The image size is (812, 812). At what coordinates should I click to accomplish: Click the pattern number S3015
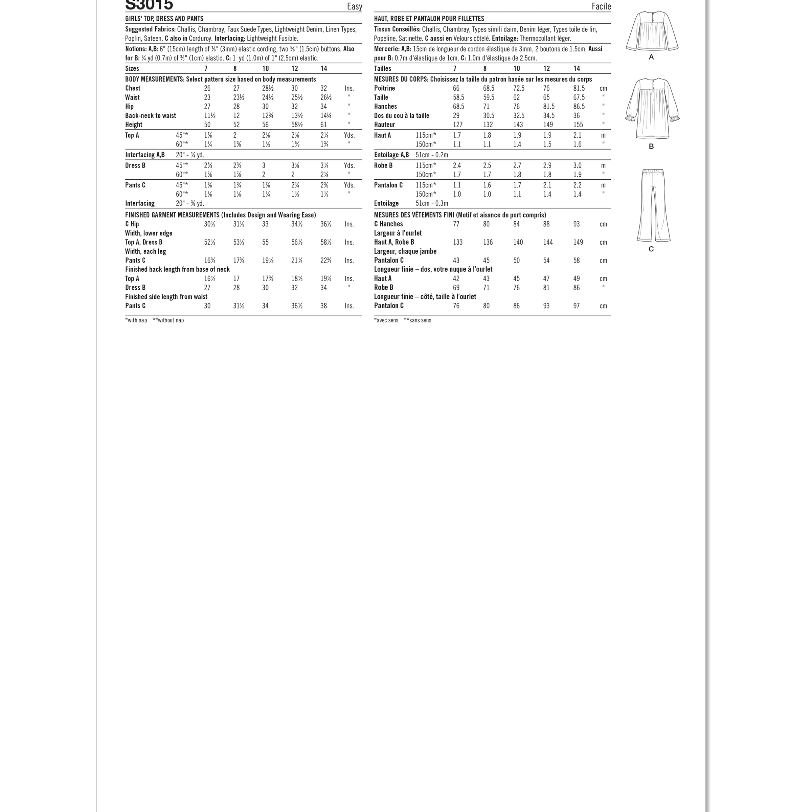pyautogui.click(x=149, y=5)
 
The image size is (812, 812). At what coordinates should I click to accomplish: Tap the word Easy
pyautogui.click(x=354, y=6)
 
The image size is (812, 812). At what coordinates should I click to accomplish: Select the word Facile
pyautogui.click(x=601, y=6)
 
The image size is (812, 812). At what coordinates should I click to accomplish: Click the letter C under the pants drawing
pyautogui.click(x=651, y=249)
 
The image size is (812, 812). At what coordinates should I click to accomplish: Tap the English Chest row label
pyautogui.click(x=133, y=88)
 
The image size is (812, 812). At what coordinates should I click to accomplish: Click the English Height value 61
pyautogui.click(x=324, y=125)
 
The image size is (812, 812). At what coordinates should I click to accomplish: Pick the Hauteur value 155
pyautogui.click(x=578, y=125)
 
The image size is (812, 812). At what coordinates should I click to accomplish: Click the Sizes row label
pyautogui.click(x=132, y=68)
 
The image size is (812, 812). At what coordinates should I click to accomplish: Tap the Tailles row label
pyautogui.click(x=382, y=68)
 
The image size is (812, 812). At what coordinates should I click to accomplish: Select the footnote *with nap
pyautogui.click(x=136, y=320)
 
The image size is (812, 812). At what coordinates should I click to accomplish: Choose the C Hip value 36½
pyautogui.click(x=326, y=224)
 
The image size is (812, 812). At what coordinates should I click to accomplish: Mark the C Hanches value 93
pyautogui.click(x=576, y=224)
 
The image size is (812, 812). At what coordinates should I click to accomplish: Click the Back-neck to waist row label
pyautogui.click(x=151, y=116)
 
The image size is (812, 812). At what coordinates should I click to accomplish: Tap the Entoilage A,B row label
pyautogui.click(x=391, y=155)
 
